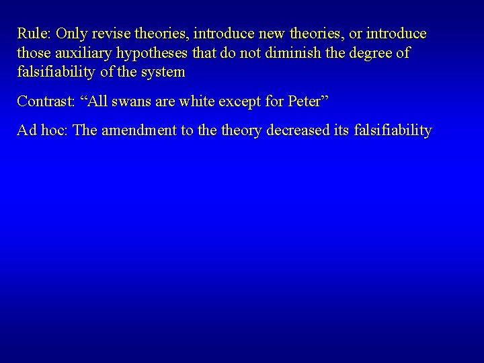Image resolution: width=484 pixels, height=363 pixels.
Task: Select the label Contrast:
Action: coord(45,102)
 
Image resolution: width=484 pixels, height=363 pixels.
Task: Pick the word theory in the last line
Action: coord(244,131)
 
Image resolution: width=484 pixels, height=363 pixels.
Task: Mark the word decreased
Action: coord(300,130)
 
